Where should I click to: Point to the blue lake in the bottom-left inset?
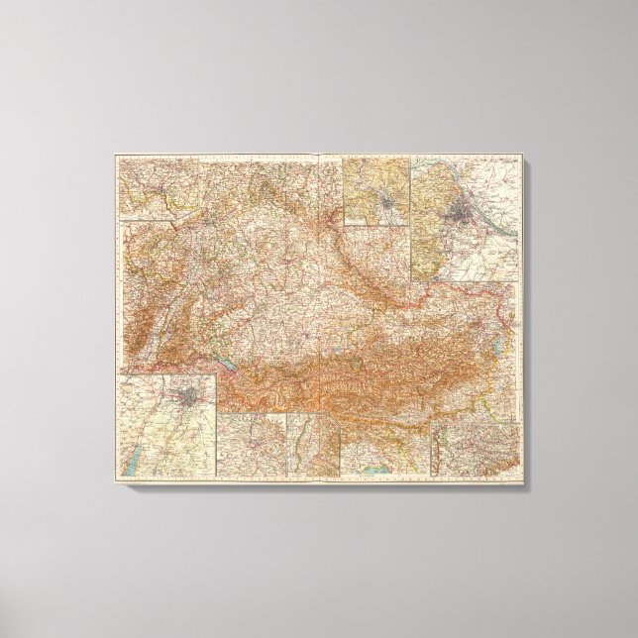[x=129, y=460]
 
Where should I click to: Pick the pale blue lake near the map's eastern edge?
[x=502, y=342]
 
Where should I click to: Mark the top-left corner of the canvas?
[x=112, y=152]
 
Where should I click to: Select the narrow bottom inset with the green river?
[x=313, y=441]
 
